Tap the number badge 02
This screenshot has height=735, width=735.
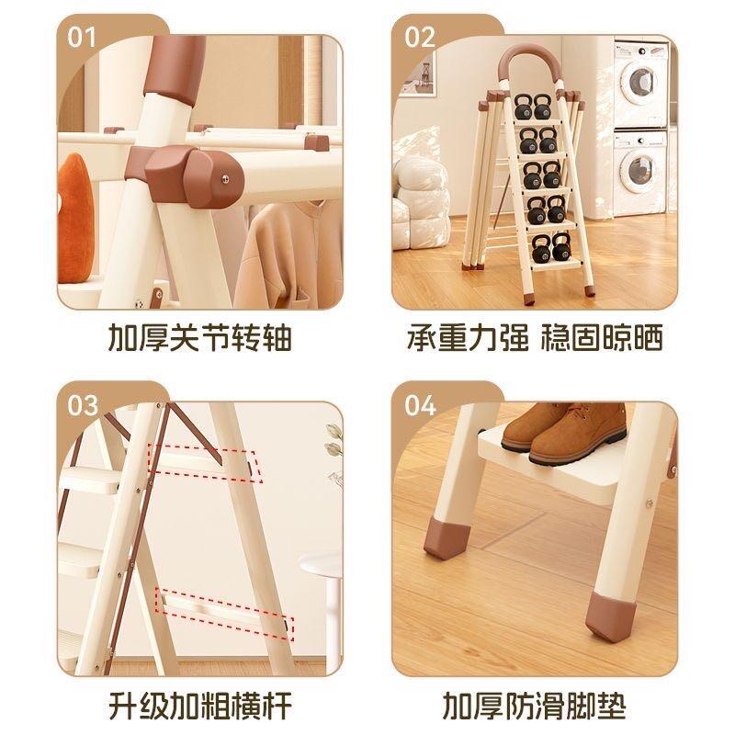coord(420,36)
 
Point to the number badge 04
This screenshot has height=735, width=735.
coord(420,404)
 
